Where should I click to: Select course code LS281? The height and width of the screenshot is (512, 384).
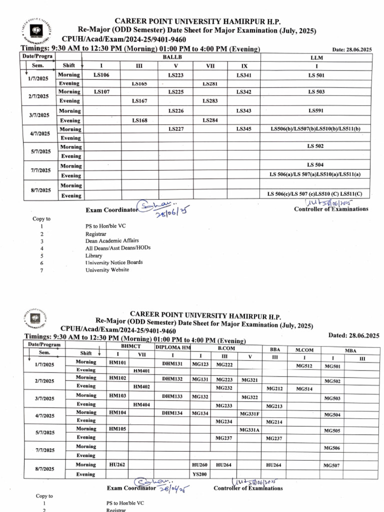point(209,84)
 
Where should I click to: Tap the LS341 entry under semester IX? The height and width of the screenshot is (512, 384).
point(243,74)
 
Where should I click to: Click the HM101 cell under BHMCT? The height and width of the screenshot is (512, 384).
point(117,362)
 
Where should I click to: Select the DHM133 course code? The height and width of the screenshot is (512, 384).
point(172,395)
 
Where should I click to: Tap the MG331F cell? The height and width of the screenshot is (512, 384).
point(249,414)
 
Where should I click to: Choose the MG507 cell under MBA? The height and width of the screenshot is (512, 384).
point(332,465)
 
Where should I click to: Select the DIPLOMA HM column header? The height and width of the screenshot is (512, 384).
point(172,347)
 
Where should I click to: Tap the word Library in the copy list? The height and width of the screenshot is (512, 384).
point(93,255)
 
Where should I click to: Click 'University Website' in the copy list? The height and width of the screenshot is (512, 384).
point(107,270)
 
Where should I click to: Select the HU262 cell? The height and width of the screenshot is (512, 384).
point(117,464)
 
